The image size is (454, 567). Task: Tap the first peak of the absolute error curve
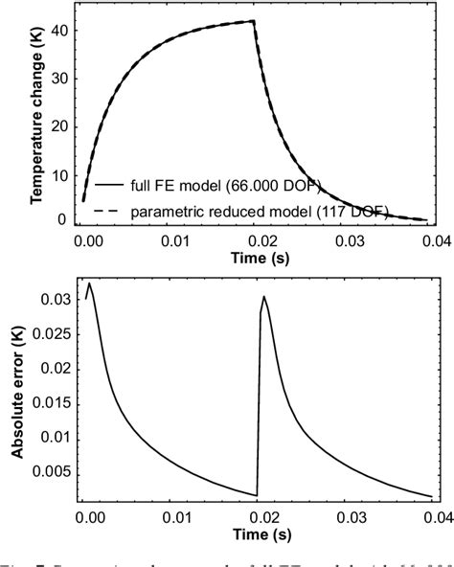coord(89,283)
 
